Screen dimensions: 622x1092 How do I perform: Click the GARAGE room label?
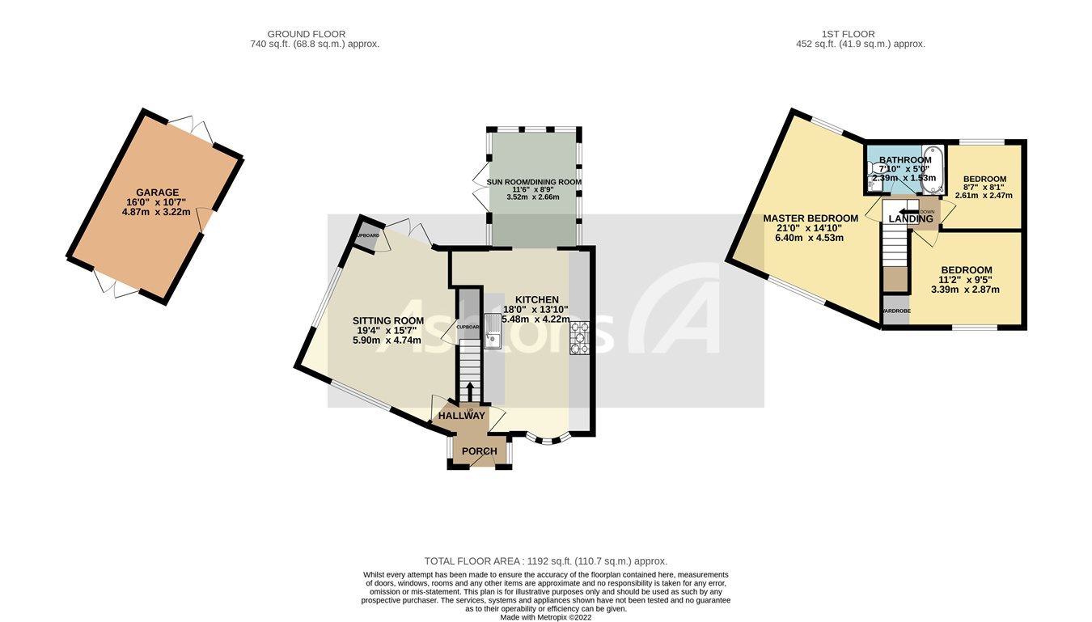(x=158, y=193)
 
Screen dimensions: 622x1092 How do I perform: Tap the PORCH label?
(x=479, y=451)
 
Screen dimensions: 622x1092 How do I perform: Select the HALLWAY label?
(x=462, y=416)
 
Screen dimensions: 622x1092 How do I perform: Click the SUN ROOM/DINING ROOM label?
(x=534, y=182)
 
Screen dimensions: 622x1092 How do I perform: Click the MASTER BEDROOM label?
(x=811, y=218)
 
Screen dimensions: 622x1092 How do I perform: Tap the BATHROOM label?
(x=905, y=160)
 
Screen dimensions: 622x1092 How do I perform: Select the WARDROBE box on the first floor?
(x=895, y=311)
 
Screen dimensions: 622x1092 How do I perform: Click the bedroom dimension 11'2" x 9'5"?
(x=966, y=280)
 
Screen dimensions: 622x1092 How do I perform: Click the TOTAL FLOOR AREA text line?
(x=545, y=561)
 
